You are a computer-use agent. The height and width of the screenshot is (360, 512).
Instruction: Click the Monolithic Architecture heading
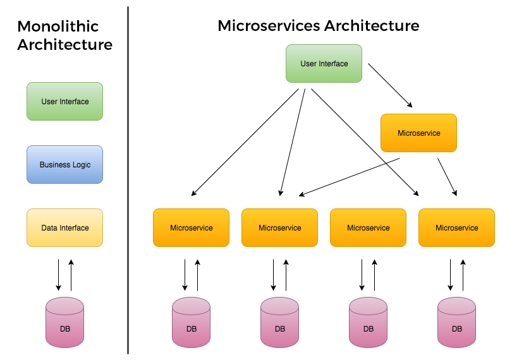tap(64, 36)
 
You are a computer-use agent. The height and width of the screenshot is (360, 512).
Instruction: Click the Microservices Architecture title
tap(318, 26)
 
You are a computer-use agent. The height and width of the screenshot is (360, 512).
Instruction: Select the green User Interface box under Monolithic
tap(64, 101)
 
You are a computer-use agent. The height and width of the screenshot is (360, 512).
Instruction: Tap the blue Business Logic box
tap(64, 164)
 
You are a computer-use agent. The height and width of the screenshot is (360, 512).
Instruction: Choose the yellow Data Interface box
tap(64, 227)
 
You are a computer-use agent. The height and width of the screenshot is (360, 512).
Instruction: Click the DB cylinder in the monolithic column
tap(64, 322)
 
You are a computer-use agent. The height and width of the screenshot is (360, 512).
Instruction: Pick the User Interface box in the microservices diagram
tap(324, 63)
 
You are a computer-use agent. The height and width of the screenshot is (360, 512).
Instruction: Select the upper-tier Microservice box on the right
tap(418, 133)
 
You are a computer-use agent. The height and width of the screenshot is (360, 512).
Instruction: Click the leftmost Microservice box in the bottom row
tap(191, 227)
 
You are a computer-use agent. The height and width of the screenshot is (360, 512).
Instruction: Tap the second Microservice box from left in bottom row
tap(279, 227)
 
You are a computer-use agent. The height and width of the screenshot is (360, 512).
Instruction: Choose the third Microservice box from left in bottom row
tap(368, 227)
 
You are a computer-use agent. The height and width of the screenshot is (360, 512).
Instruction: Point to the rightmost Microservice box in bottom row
tap(456, 227)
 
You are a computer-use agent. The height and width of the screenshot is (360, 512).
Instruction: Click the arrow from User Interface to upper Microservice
tap(391, 85)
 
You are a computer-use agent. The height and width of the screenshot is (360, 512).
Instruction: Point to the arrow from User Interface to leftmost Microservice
tap(245, 142)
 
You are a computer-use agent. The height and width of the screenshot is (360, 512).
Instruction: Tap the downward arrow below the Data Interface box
tap(58, 275)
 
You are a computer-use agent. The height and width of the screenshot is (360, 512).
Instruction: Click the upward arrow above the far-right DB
tap(463, 275)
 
